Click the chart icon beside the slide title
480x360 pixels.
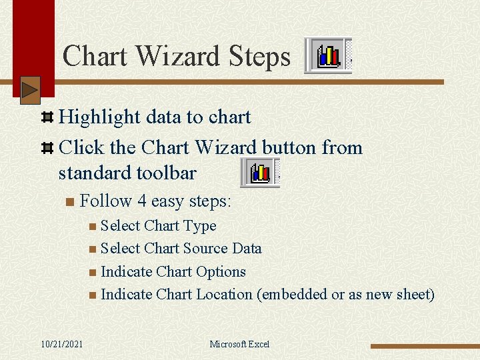(328, 55)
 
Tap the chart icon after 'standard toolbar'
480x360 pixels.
(260, 173)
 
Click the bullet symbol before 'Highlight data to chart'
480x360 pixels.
(47, 118)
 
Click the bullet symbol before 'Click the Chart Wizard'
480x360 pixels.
(47, 148)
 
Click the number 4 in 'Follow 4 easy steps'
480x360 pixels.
(142, 201)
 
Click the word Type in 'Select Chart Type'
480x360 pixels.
(199, 226)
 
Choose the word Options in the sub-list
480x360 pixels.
(219, 272)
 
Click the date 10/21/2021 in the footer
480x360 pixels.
(61, 344)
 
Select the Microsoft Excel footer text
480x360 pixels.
(239, 344)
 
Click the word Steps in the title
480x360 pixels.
(257, 57)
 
